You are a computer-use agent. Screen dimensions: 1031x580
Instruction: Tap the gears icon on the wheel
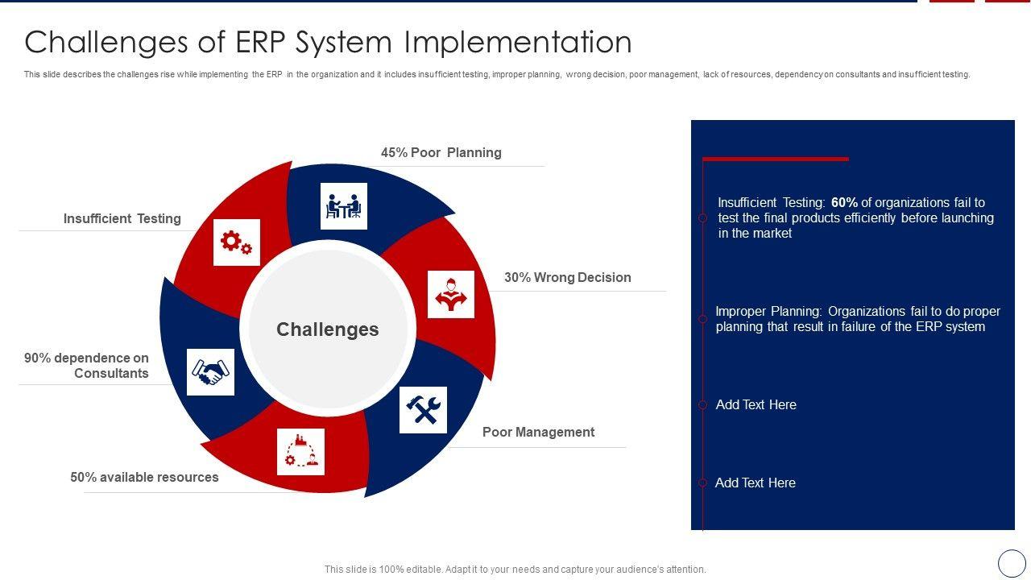[x=237, y=242]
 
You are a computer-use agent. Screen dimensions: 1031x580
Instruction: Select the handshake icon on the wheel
[x=210, y=372]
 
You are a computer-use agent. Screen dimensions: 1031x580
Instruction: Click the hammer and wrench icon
[x=423, y=410]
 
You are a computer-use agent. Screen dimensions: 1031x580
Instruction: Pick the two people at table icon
[x=343, y=205]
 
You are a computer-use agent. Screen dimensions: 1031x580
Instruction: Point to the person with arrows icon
[x=450, y=294]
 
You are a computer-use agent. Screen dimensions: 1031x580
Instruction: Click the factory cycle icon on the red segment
[x=300, y=452]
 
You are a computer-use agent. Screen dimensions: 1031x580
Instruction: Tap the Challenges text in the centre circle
[x=328, y=329]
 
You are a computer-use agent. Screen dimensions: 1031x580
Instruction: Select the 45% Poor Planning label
[x=441, y=152]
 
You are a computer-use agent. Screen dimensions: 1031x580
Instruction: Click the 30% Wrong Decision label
[x=568, y=277]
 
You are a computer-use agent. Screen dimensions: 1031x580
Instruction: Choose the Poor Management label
[x=538, y=432]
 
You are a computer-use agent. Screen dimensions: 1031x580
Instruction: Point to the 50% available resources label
[x=144, y=477]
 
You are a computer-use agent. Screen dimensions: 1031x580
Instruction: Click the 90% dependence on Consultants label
[x=86, y=365]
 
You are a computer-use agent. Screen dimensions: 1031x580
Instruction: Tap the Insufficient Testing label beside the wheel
[x=122, y=218]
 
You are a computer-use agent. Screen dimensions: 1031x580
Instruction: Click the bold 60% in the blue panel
[x=844, y=202]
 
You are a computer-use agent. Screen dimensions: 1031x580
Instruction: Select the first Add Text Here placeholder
[x=756, y=404]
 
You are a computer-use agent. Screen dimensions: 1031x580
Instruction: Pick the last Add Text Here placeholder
[x=755, y=483]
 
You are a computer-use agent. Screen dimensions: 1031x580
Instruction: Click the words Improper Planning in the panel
[x=768, y=312]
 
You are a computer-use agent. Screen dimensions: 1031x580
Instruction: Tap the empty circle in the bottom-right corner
[x=1012, y=563]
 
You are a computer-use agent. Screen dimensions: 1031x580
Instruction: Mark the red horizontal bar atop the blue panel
[x=776, y=159]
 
